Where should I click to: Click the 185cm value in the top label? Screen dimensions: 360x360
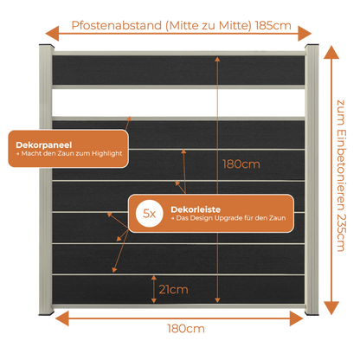click(x=273, y=25)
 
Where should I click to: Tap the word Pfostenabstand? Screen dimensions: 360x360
click(x=117, y=25)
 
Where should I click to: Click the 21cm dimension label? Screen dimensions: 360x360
click(x=173, y=289)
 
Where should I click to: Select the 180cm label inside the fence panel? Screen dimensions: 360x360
click(x=241, y=164)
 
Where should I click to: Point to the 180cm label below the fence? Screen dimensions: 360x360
click(x=186, y=329)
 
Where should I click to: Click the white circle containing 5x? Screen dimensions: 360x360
click(x=150, y=214)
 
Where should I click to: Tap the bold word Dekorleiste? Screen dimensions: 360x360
click(x=196, y=209)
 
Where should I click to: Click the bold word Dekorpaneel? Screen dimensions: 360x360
click(x=44, y=145)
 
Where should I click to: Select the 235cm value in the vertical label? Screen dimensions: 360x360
click(x=341, y=233)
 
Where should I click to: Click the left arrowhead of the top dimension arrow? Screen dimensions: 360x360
click(x=53, y=34)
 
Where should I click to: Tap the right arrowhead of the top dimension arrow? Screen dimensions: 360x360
click(x=305, y=34)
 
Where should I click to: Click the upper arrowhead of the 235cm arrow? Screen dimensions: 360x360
click(x=331, y=53)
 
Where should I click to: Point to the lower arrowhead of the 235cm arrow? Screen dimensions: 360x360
click(x=331, y=308)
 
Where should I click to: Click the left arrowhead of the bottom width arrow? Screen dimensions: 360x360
click(x=62, y=318)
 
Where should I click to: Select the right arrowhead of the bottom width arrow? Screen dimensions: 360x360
click(x=297, y=318)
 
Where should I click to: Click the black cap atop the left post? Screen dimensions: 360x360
click(x=46, y=46)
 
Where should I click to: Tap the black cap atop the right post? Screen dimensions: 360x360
click(x=312, y=46)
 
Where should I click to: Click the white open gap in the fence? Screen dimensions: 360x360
click(x=178, y=102)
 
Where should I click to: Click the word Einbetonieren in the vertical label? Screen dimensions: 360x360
click(x=341, y=170)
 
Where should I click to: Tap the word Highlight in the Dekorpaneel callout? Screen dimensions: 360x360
click(x=107, y=154)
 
